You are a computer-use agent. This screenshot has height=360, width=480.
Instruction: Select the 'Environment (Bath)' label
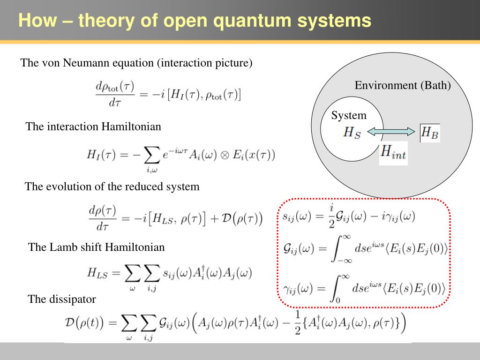pos(403,85)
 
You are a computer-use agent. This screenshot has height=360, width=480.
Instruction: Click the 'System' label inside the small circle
pos(349,116)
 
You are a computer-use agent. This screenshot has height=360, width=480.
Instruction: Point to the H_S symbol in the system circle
pos(352,133)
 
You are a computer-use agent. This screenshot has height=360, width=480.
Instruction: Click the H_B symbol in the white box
pos(430,133)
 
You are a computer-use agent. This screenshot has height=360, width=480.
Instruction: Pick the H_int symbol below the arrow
pos(393,152)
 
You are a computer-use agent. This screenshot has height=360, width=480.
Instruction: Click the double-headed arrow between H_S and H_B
pos(391,133)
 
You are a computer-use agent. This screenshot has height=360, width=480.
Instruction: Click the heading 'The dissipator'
pos(62,299)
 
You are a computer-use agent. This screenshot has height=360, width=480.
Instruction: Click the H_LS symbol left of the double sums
pos(97,273)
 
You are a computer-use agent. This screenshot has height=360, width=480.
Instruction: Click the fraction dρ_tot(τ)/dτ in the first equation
pos(115,94)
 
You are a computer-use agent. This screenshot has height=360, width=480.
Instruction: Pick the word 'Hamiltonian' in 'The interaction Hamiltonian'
pos(132,127)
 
